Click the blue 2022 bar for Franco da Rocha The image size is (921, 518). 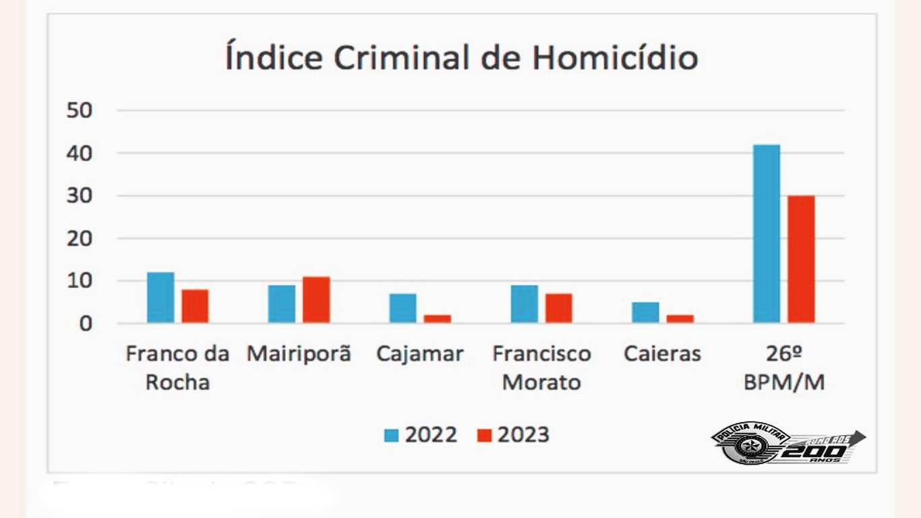click(x=160, y=297)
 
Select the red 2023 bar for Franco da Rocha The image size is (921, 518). click(x=195, y=306)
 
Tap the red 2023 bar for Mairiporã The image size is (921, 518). click(x=316, y=299)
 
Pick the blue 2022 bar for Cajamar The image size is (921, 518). click(x=403, y=308)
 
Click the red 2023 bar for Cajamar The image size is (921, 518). click(x=438, y=318)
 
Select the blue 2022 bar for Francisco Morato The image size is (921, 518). click(x=524, y=304)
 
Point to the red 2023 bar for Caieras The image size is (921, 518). click(x=680, y=318)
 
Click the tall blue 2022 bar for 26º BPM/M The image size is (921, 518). click(x=767, y=233)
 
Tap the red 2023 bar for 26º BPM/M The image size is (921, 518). click(x=801, y=259)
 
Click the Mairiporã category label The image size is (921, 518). click(x=299, y=354)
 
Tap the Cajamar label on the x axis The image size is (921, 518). click(x=420, y=354)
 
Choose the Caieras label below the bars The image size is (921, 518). click(x=663, y=354)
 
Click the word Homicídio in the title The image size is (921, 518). click(x=614, y=58)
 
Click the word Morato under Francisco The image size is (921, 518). click(x=541, y=382)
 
